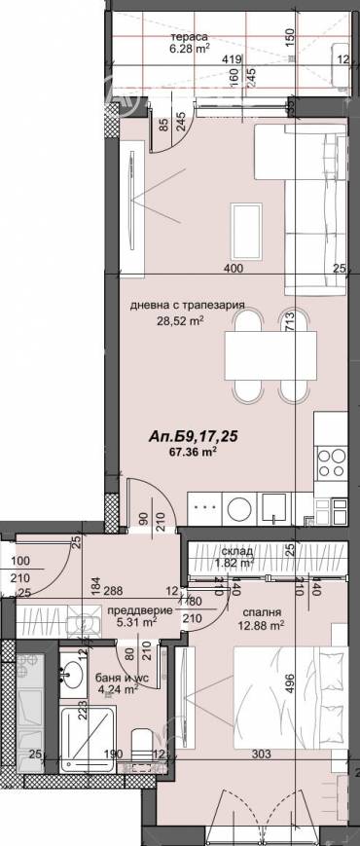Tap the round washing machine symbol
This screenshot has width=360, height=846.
(237, 507)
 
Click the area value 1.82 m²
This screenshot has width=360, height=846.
(234, 563)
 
